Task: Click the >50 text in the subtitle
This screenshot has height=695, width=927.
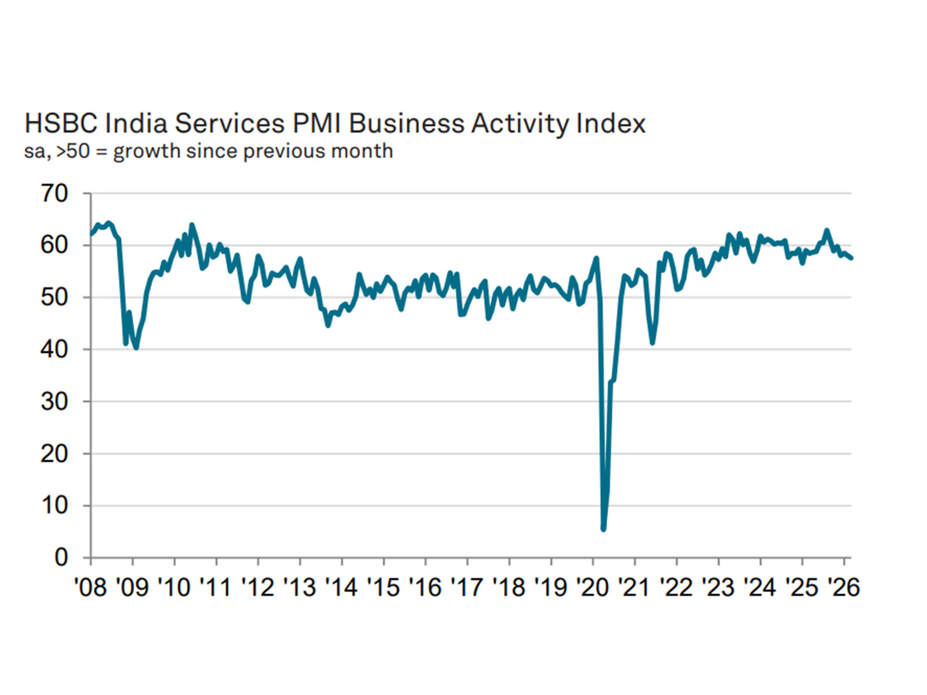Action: coord(73,151)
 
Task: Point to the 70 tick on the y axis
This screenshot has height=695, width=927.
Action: coord(54,193)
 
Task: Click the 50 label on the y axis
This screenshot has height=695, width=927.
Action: coord(54,297)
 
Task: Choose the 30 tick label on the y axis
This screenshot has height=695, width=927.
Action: coord(54,401)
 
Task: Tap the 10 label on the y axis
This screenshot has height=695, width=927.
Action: coord(54,506)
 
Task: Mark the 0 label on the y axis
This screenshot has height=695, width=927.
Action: coord(61,557)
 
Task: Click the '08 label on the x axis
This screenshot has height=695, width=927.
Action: coord(91,587)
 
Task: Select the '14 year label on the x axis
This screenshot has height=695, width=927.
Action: coord(341,587)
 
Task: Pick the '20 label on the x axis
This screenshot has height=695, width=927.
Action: coord(592,587)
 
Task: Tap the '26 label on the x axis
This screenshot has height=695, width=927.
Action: coord(843,587)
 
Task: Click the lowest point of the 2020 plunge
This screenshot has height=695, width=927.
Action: coord(604,528)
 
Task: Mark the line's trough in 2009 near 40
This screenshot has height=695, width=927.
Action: coord(136,348)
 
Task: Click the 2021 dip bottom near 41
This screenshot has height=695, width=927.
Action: coord(652,343)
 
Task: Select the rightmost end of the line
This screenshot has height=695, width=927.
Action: coord(851,258)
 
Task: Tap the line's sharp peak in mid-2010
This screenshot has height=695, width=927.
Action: coord(192,225)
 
